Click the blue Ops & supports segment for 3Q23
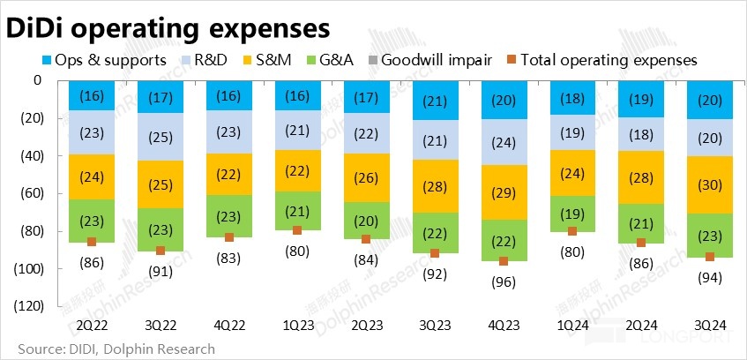(x=435, y=100)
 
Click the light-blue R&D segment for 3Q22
(x=160, y=136)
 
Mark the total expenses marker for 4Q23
(x=504, y=261)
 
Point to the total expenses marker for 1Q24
(x=572, y=231)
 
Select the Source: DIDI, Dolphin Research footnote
(x=110, y=349)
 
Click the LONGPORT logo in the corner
(x=697, y=337)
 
